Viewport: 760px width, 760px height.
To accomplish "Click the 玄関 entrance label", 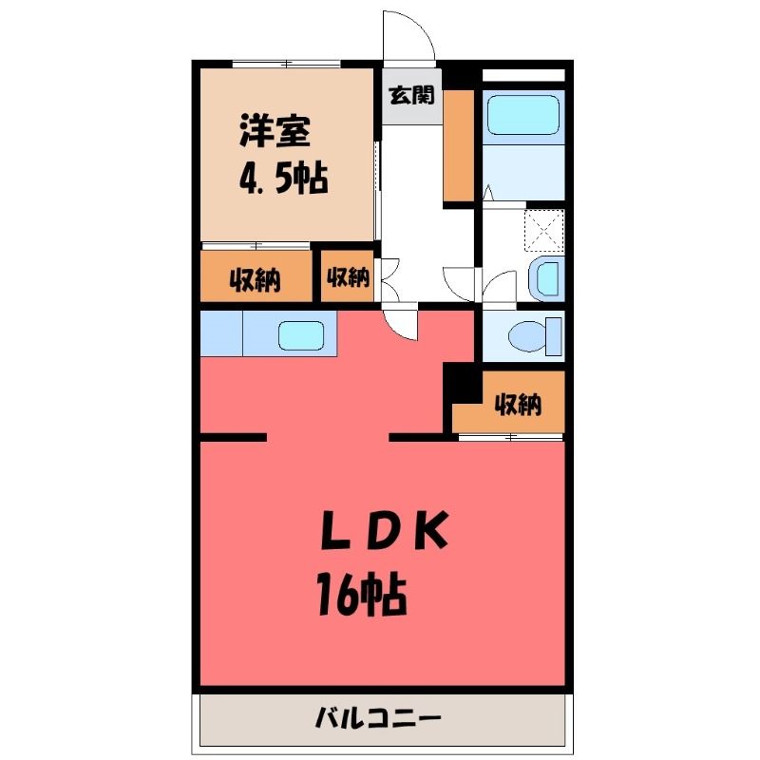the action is [x=411, y=95].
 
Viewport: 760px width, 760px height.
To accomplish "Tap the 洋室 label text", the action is [x=275, y=130].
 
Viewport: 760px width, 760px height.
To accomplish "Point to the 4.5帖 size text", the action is [x=283, y=178].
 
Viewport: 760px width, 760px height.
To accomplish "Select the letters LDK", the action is [x=385, y=531].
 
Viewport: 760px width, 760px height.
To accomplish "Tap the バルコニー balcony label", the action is [x=378, y=718].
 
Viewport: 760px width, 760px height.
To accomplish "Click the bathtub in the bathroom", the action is [x=523, y=114].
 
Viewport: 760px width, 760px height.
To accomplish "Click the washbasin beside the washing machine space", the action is [x=547, y=278].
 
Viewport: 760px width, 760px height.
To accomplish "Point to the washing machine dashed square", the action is [x=544, y=231].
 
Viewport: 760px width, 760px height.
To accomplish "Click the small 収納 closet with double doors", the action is [x=348, y=276].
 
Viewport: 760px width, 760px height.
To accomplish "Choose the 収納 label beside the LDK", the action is [x=518, y=404].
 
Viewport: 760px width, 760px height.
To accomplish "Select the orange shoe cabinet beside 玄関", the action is [x=459, y=145].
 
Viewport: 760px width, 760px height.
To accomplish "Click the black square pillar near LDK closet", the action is [x=463, y=383].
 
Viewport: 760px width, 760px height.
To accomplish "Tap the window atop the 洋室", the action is [x=286, y=64].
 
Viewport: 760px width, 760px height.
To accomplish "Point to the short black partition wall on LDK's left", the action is [x=233, y=438].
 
